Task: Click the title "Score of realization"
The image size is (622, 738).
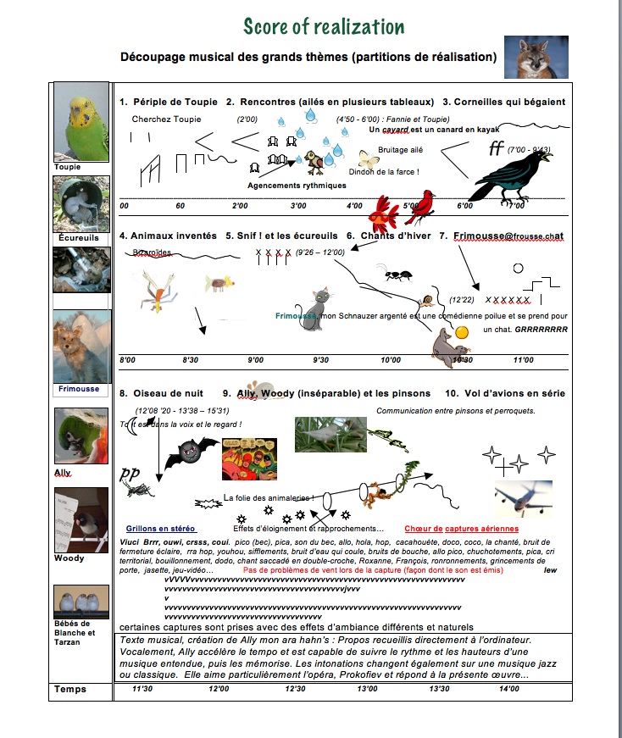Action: (323, 26)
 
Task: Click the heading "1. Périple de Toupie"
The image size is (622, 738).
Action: (166, 103)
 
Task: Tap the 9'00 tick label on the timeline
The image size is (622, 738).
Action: (255, 360)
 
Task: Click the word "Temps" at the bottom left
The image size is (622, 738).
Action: (70, 690)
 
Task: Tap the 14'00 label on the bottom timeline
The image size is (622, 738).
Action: (508, 689)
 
